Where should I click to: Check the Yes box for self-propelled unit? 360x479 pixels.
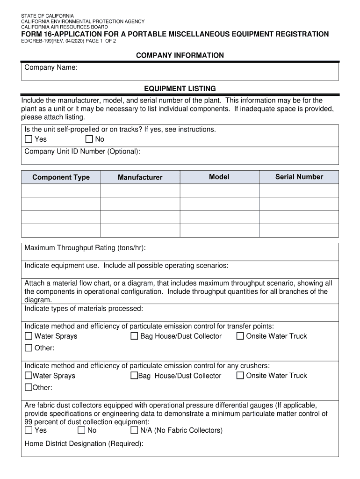point(29,139)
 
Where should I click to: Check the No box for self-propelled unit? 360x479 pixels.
point(89,139)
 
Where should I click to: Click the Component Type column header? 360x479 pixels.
point(61,177)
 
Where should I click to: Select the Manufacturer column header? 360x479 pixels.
point(140,177)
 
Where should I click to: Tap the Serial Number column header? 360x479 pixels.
point(299,177)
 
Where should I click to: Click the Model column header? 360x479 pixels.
point(219,177)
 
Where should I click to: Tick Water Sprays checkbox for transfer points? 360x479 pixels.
point(29,336)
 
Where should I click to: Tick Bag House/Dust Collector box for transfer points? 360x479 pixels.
point(134,336)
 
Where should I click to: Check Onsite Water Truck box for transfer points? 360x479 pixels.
point(240,336)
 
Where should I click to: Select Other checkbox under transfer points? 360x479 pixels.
point(29,348)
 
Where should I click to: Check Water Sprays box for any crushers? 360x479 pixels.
point(28,376)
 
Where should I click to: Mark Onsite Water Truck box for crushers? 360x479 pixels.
point(240,376)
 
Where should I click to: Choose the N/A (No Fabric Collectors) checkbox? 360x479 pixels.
point(134,430)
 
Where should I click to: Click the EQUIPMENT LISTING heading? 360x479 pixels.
point(180,88)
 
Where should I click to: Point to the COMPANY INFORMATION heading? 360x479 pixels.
point(180,56)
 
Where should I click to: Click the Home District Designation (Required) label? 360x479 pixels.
point(84,444)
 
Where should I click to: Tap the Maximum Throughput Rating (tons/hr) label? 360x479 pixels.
point(88,248)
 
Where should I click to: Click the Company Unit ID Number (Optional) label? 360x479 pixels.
point(82,152)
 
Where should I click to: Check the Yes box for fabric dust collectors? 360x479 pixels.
point(29,430)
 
